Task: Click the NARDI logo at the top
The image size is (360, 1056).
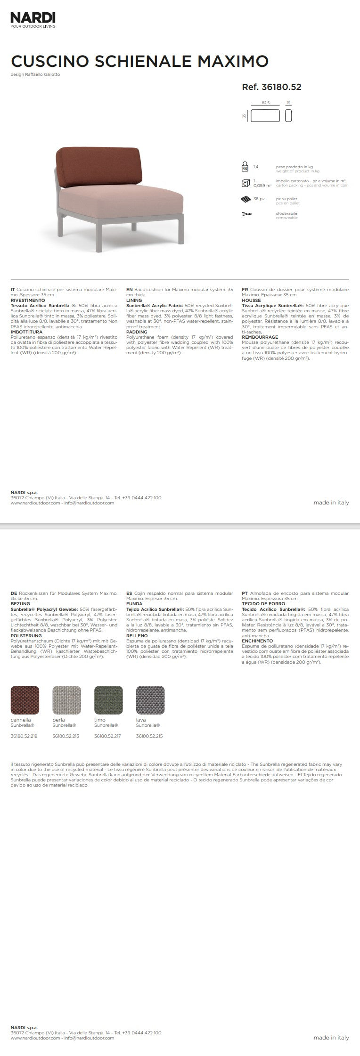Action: point(33,18)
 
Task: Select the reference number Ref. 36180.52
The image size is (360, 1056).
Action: point(271,87)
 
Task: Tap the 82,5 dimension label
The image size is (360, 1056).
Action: point(265,102)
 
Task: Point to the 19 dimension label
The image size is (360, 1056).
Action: point(288,102)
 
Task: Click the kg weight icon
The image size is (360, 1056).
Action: point(245,167)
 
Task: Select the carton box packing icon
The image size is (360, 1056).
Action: point(245,183)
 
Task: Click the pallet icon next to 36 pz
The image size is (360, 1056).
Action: point(245,199)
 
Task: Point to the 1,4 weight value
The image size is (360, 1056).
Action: point(256,167)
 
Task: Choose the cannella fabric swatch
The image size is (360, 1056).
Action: point(25,700)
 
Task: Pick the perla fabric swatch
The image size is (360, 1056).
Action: point(66,700)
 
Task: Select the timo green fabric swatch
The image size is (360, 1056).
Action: point(108,700)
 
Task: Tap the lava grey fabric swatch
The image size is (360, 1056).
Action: point(150,700)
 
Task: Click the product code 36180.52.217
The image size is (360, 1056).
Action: point(107,736)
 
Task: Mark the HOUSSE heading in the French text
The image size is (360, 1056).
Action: point(251,301)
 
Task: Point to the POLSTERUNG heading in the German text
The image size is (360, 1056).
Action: point(26,635)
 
